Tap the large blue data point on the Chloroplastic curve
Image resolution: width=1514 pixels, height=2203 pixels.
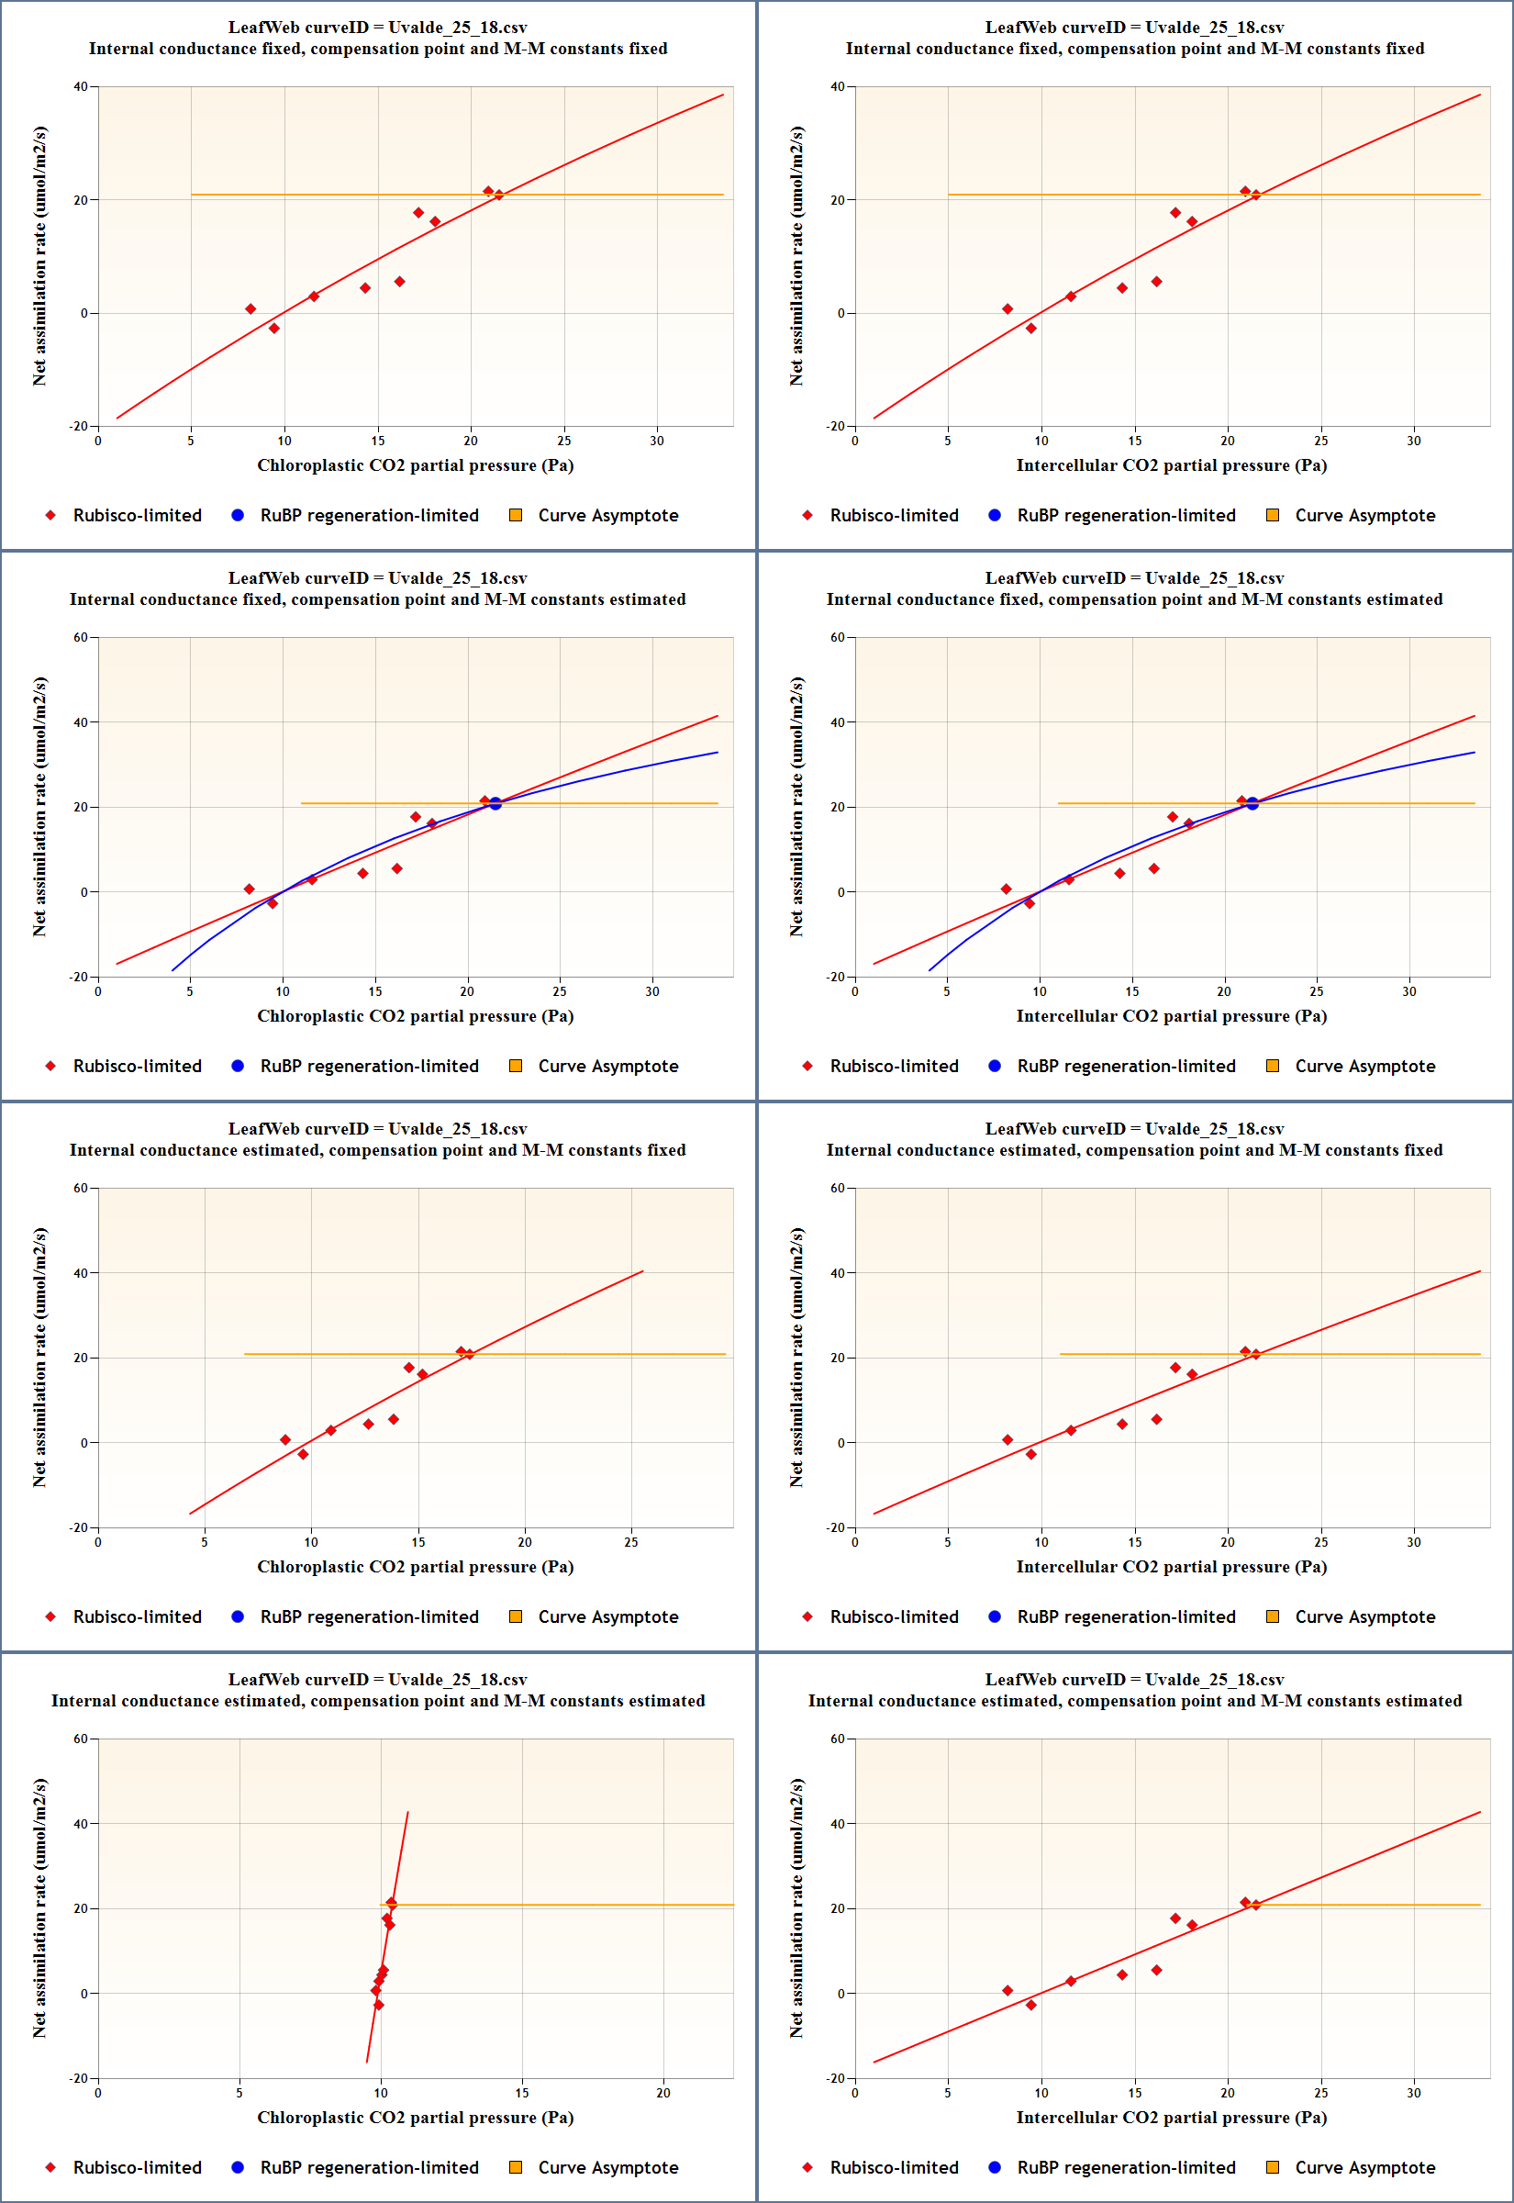pos(495,803)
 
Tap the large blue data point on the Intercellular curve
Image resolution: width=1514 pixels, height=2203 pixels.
pos(1252,803)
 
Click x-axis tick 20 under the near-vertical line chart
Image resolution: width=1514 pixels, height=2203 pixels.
pos(663,2093)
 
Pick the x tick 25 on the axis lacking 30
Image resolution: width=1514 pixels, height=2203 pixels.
pos(631,1542)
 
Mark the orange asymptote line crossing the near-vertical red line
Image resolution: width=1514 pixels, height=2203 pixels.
pos(569,1905)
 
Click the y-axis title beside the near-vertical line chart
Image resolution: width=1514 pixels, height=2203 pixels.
pos(39,1908)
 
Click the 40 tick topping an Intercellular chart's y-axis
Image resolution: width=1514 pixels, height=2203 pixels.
pos(838,86)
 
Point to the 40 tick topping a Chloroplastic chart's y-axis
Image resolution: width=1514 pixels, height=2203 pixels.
pos(81,86)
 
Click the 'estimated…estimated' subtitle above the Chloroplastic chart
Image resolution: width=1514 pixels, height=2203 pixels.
pos(377,1701)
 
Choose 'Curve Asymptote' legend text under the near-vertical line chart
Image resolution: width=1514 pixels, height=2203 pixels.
pos(608,2168)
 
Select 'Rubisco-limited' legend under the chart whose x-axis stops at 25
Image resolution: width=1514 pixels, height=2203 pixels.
pos(138,1616)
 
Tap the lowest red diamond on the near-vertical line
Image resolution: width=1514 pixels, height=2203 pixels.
pos(378,2005)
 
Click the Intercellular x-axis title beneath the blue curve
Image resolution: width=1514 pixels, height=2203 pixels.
pos(1172,1016)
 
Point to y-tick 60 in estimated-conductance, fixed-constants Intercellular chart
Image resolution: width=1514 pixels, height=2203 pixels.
pos(838,1188)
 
